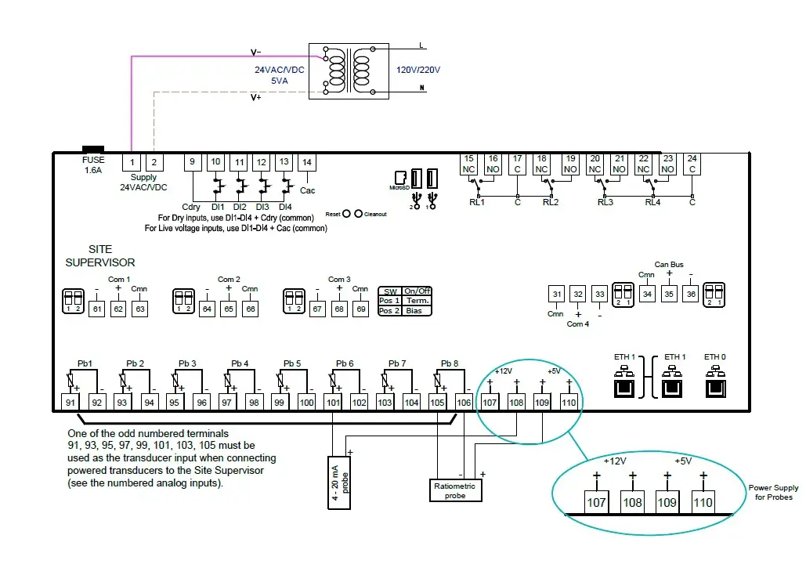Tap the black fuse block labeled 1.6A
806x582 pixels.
click(93, 148)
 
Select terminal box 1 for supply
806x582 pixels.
click(132, 162)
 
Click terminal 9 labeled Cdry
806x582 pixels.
click(193, 162)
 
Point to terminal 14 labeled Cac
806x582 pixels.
click(308, 162)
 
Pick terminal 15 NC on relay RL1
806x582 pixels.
click(469, 164)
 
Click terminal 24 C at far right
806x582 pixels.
click(692, 164)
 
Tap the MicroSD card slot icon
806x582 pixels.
click(400, 177)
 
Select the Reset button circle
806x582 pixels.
click(345, 214)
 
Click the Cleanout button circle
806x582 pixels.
click(359, 214)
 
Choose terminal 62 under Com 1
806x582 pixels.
click(117, 309)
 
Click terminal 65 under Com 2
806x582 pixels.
click(228, 309)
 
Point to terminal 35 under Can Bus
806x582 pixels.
click(668, 295)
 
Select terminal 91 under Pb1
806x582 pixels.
click(71, 403)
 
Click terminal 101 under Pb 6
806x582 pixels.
click(333, 403)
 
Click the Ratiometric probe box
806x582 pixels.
click(454, 491)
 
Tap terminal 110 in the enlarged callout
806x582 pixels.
click(703, 501)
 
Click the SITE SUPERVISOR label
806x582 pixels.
click(99, 256)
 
